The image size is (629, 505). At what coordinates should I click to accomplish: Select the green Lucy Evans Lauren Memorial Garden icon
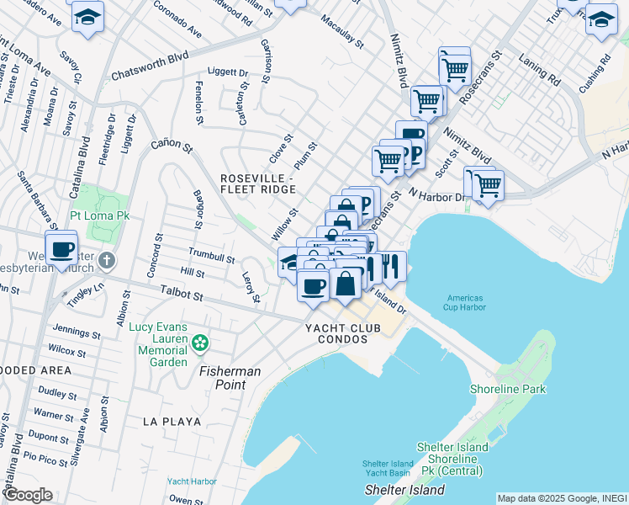(199, 343)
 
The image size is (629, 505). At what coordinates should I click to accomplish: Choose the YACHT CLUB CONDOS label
(336, 332)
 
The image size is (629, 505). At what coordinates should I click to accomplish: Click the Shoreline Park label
(508, 389)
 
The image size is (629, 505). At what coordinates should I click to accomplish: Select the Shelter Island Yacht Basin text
(388, 468)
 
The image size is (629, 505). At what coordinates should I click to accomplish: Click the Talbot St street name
(181, 296)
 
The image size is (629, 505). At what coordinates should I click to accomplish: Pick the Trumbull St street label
(211, 257)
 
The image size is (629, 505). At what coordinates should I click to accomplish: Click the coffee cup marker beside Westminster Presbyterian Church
(61, 249)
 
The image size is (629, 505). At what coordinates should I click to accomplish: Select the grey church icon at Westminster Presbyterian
(106, 260)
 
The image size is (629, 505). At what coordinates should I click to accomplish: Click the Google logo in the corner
(27, 495)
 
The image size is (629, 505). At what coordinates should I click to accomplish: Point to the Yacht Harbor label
(191, 481)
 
